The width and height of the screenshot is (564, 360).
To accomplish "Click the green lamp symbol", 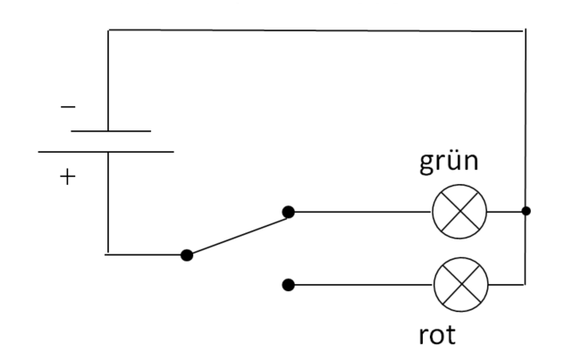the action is click(459, 212).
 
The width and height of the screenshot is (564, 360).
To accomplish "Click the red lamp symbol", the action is click(461, 284).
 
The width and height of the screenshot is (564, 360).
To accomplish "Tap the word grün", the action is click(449, 163).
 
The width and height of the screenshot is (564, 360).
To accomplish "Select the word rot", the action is click(437, 335).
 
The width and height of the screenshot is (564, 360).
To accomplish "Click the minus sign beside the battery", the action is click(68, 106).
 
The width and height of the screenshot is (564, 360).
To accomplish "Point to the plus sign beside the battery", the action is click(68, 177).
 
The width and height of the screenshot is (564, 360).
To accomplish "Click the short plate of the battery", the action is click(111, 131).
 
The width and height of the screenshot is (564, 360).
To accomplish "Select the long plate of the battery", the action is click(106, 152).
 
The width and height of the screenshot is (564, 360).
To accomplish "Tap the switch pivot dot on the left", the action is click(187, 255).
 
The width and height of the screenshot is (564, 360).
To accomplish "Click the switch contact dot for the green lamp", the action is click(288, 213).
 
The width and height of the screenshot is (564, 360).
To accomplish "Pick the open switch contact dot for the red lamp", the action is click(288, 285).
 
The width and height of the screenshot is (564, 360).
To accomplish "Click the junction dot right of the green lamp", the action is click(526, 211).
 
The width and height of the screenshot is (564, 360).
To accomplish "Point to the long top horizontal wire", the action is click(316, 30).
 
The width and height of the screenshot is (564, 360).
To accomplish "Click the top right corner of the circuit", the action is click(526, 31).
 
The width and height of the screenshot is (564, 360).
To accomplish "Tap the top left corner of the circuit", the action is click(108, 30).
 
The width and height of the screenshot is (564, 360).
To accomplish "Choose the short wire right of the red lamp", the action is click(507, 284).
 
